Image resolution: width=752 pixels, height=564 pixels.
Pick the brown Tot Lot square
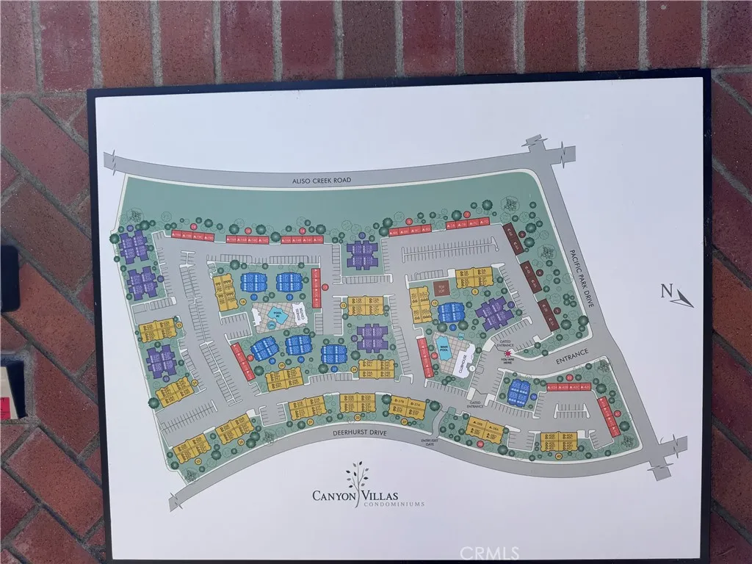coord(441,289)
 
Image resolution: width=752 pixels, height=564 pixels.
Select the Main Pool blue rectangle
coord(445,345)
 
